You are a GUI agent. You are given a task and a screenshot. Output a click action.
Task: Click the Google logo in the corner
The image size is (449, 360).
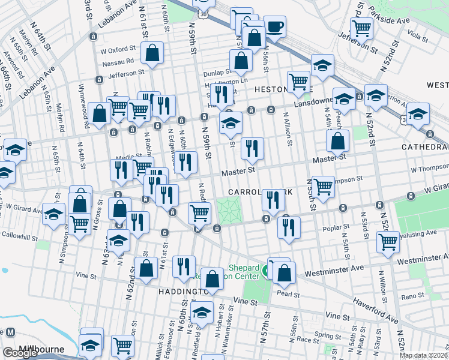20,353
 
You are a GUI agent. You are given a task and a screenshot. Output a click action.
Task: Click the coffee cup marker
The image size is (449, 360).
274,27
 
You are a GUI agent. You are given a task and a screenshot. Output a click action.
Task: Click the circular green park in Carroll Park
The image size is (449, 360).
228,211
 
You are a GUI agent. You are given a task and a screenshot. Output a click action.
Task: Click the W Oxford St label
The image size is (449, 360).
119,50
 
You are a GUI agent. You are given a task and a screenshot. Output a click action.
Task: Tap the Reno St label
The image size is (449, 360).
413,297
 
